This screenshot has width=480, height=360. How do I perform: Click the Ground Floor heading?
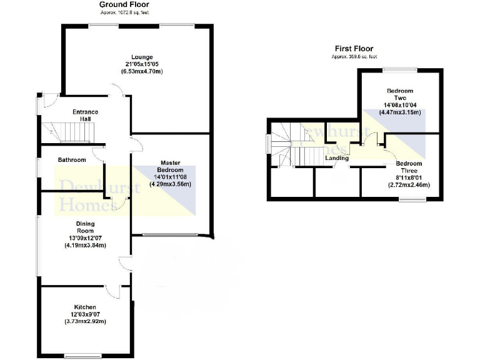pos(124,4)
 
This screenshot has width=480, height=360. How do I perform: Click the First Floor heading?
pos(354,48)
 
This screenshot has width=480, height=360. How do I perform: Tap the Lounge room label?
pos(142,57)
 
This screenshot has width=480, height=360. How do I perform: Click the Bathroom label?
pos(72,160)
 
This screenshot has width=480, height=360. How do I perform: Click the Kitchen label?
pos(85,307)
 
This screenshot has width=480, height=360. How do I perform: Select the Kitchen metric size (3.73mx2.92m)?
pos(85,321)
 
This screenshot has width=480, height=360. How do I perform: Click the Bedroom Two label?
pos(400,94)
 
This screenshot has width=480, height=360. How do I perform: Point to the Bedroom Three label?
pos(409,167)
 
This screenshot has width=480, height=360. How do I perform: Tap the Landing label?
pos(336,158)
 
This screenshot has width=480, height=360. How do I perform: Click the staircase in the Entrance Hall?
pos(68,132)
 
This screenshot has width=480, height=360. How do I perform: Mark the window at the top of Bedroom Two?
pos(400,69)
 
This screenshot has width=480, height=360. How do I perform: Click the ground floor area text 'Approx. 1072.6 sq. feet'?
pos(124,12)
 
